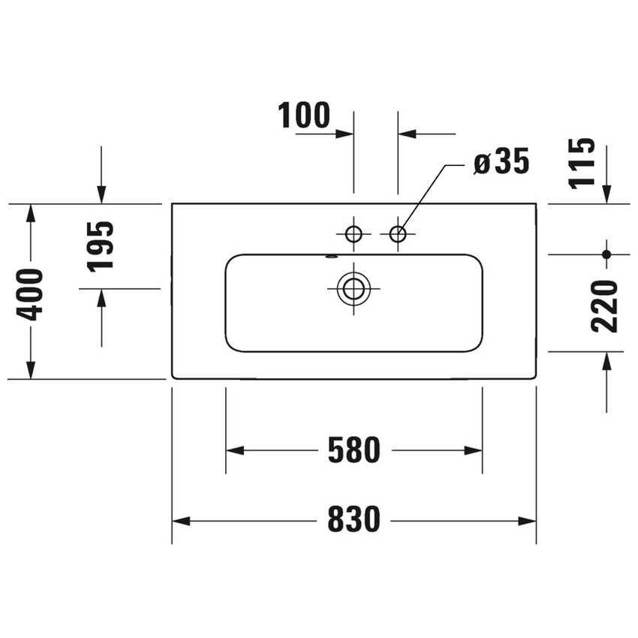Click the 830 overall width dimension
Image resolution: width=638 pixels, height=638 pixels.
354,519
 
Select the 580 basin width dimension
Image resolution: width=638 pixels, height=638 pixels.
354,450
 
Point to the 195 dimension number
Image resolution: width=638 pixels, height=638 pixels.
100,247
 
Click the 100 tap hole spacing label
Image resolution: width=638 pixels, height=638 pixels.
304,115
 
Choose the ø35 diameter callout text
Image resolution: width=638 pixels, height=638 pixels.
501,161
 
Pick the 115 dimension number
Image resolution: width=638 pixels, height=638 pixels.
582,164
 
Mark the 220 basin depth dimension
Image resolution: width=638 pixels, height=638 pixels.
604,306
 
